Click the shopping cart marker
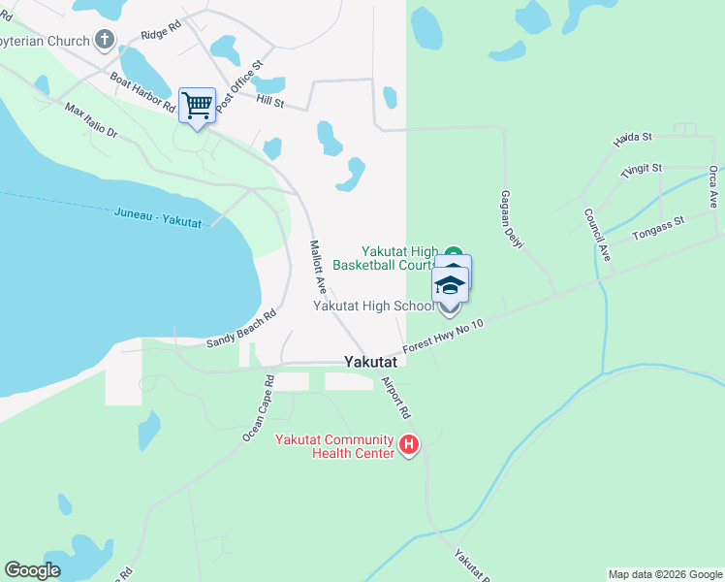click(x=197, y=105)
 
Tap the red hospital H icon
click(x=409, y=445)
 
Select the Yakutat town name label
click(x=373, y=362)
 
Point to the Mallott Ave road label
click(x=316, y=267)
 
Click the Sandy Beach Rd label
click(x=241, y=330)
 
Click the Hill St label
click(x=269, y=99)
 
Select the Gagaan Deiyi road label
click(x=512, y=219)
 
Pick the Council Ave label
click(x=596, y=234)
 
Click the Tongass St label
click(x=657, y=227)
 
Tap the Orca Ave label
click(x=713, y=186)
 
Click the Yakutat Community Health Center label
click(x=334, y=445)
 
